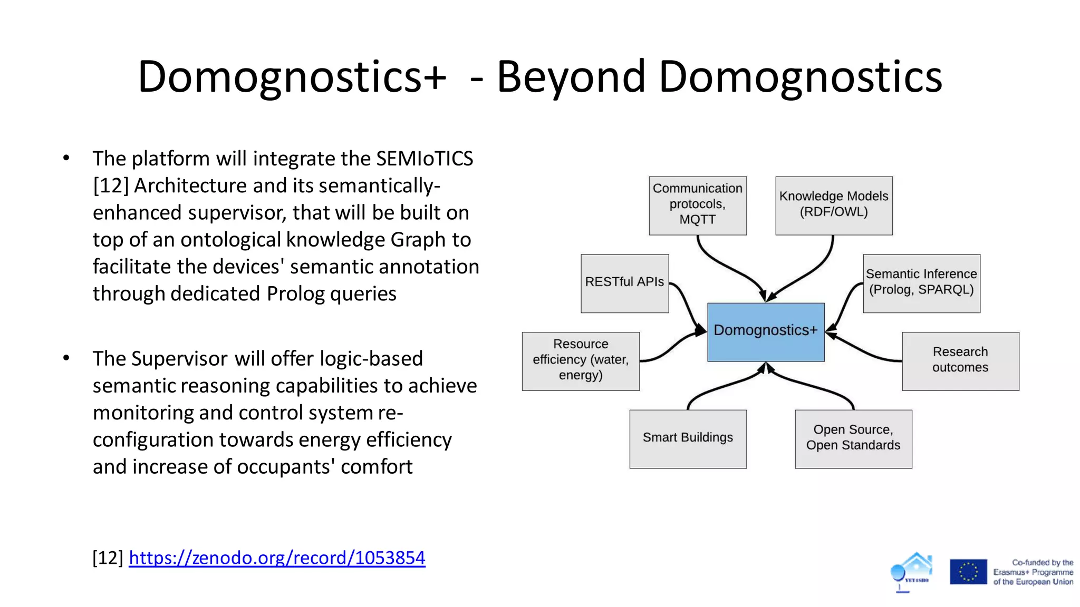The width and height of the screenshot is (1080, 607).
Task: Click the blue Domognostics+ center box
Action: [x=766, y=332]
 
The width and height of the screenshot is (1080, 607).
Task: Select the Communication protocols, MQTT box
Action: [x=698, y=205]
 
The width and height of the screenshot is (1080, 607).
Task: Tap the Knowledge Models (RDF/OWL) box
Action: [x=834, y=205]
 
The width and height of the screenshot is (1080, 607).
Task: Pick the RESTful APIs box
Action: [x=625, y=283]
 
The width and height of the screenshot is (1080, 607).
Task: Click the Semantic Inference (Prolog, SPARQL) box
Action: [x=921, y=283]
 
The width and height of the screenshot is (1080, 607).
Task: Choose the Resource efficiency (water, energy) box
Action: [x=581, y=361]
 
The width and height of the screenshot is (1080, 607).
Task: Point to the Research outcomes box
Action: [x=960, y=361]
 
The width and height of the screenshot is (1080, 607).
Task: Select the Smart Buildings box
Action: [x=688, y=438]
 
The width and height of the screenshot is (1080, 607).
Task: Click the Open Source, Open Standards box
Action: [x=853, y=438]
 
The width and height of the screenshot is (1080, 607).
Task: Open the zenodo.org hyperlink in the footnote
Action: [x=277, y=557]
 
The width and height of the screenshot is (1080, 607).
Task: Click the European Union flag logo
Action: [x=968, y=572]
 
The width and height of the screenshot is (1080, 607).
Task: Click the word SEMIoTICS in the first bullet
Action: [x=425, y=159]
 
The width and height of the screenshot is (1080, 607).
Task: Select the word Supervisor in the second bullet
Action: [x=179, y=359]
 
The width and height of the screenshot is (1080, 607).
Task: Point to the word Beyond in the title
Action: [x=571, y=77]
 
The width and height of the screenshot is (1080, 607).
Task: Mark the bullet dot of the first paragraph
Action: [x=66, y=158]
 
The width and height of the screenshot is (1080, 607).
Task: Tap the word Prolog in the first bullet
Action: [x=295, y=294]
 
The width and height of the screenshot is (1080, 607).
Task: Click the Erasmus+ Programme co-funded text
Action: [x=1033, y=572]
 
